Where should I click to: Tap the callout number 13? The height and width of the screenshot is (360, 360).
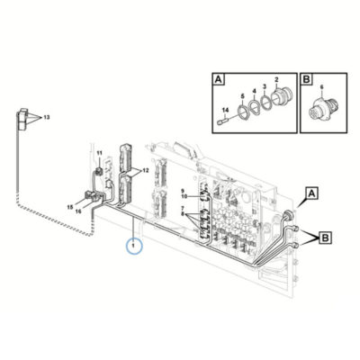pyautogui.click(x=47, y=117)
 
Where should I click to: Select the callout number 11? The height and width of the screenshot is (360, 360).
pyautogui.click(x=99, y=153)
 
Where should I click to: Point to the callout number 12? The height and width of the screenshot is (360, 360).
pyautogui.click(x=146, y=171)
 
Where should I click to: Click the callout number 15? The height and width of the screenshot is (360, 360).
pyautogui.click(x=70, y=207)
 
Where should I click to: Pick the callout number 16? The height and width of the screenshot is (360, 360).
pyautogui.click(x=78, y=211)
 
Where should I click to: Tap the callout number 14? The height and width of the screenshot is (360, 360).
pyautogui.click(x=225, y=111)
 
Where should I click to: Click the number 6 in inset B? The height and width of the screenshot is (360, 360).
pyautogui.click(x=321, y=87)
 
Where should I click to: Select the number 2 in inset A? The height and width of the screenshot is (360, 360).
pyautogui.click(x=276, y=79)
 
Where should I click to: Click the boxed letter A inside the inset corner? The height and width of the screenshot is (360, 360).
pyautogui.click(x=219, y=79)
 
